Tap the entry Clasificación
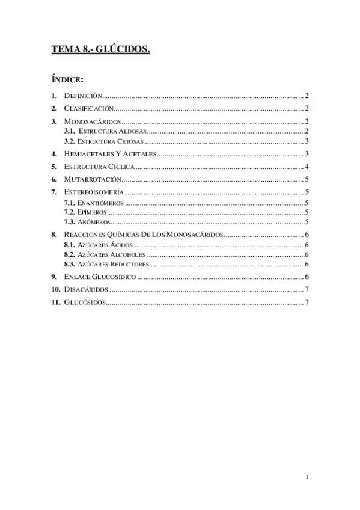pos(88,109)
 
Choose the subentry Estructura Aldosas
pos(112,131)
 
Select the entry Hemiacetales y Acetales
pos(109,154)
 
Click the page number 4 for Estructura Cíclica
pos(307,167)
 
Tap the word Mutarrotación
pos(93,179)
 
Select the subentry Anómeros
pos(94,223)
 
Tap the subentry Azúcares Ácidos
pos(106,245)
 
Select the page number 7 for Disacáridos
pos(307,289)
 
